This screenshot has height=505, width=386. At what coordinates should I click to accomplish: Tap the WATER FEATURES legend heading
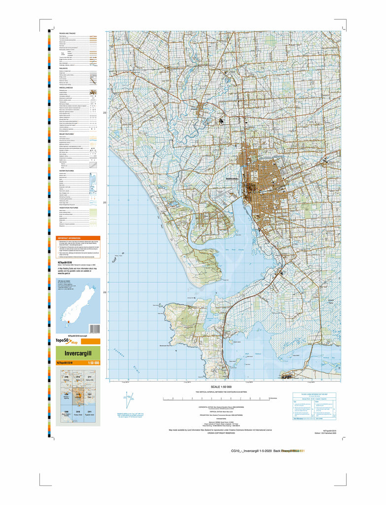click(x=67, y=171)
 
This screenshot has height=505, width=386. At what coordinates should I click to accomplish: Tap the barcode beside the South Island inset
click(x=95, y=328)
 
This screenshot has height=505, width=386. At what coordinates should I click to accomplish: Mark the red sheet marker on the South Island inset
click(x=68, y=324)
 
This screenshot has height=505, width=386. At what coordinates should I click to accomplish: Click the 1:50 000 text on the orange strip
click(x=93, y=363)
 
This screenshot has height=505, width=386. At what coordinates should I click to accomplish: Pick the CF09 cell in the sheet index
click(x=66, y=378)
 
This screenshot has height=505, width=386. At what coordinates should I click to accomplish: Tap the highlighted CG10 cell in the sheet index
click(x=77, y=395)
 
